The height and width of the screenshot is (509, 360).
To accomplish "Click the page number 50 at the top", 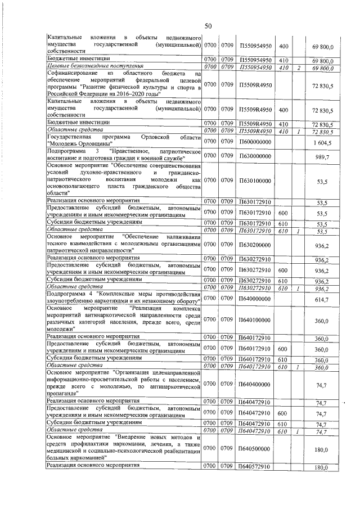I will point(208,26).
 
